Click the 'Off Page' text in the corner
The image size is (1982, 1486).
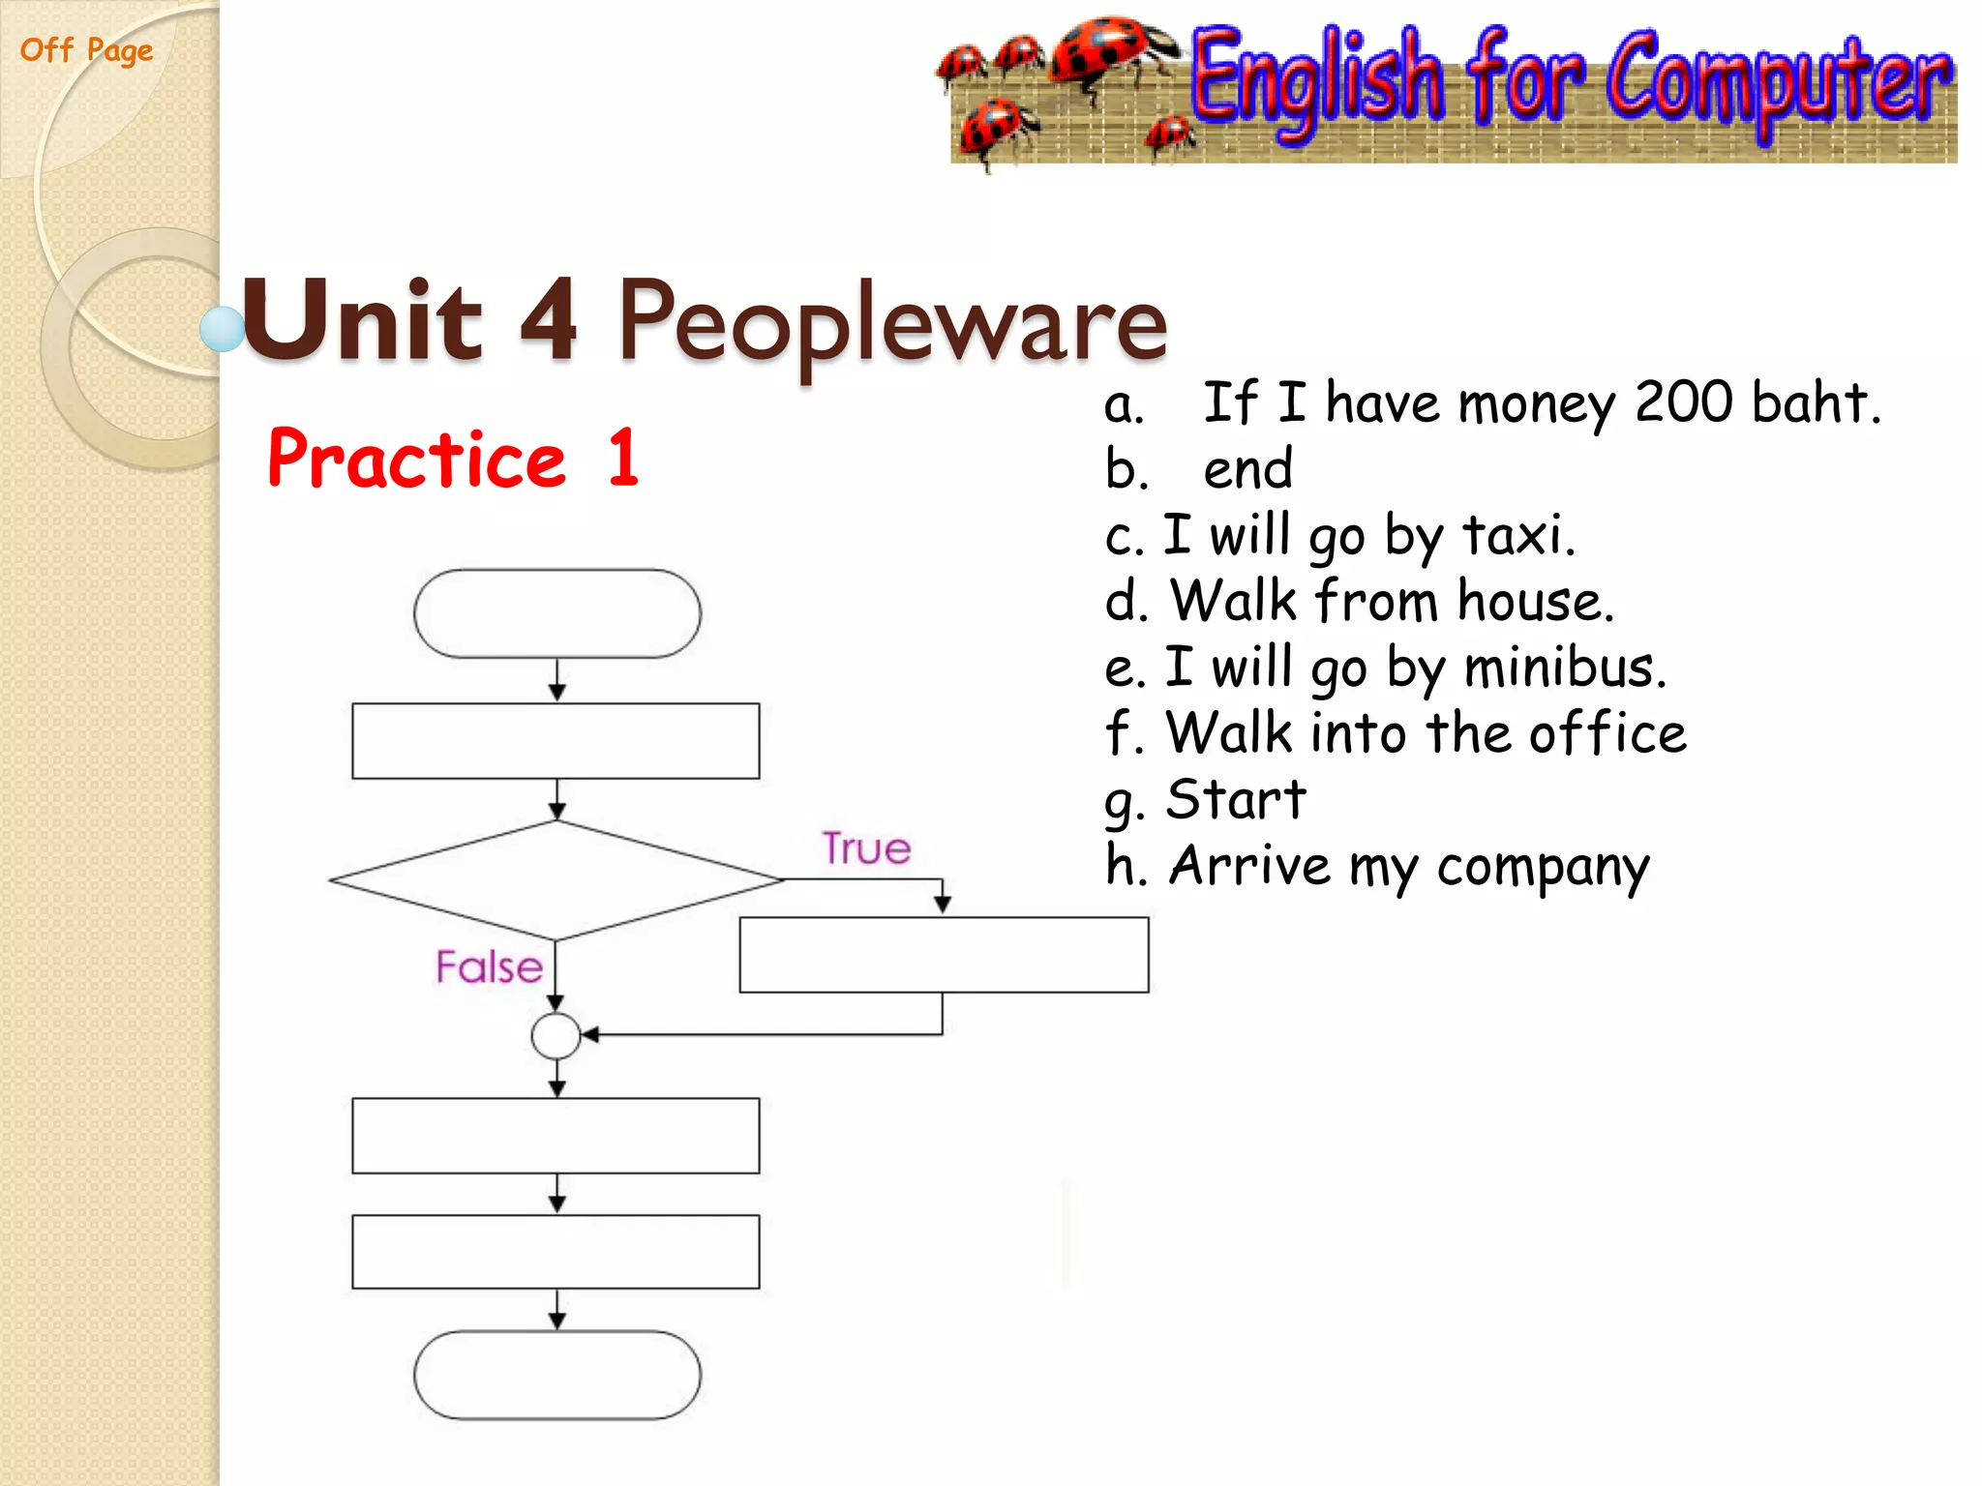point(86,50)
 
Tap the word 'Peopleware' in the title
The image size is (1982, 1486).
point(891,320)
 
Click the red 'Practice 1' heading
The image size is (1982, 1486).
point(452,459)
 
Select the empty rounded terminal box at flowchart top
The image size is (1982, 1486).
point(556,613)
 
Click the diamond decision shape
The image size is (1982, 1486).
point(556,880)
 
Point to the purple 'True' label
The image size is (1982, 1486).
point(866,848)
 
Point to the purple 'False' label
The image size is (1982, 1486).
point(489,966)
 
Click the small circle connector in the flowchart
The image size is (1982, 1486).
point(556,1036)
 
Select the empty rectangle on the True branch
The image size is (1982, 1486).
point(944,955)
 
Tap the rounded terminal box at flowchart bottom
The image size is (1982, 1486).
point(556,1375)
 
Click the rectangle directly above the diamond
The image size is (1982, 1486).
point(556,741)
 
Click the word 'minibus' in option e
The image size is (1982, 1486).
point(1564,668)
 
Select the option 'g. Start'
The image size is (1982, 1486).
point(1206,801)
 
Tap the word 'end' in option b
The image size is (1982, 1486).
point(1247,469)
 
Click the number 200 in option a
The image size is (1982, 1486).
point(1683,402)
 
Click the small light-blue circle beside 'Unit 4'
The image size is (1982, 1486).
point(222,329)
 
